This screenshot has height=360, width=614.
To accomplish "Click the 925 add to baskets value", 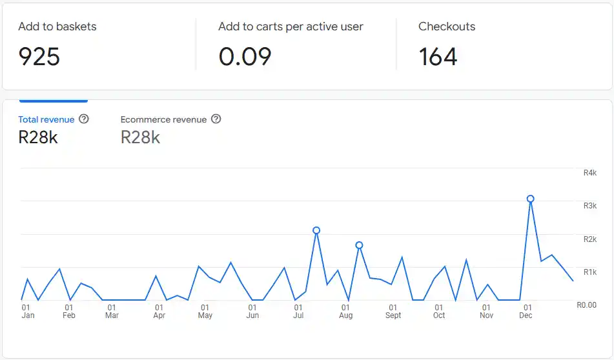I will (39, 57).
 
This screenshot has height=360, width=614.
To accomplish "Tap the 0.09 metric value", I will (245, 57).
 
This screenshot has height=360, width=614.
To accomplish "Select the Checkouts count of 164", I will (438, 57).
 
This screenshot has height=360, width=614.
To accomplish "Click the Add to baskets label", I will (57, 26).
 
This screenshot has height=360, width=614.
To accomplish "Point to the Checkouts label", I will (447, 26).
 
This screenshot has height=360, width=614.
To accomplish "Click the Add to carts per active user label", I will (291, 26).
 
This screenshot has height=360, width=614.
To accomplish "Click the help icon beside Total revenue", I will (84, 119).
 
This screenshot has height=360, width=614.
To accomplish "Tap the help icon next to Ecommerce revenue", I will (216, 119).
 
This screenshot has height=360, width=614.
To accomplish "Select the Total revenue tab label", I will (46, 119).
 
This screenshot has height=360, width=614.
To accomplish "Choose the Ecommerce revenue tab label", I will (163, 119).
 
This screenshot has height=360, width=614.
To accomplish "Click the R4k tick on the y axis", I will (590, 173).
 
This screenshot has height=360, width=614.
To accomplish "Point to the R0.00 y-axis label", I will (586, 305).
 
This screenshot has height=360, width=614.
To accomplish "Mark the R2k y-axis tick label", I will (590, 239).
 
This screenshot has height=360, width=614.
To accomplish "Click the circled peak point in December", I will (531, 199).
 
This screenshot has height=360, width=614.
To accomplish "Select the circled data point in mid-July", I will (316, 230).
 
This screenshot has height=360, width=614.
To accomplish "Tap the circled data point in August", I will (359, 245).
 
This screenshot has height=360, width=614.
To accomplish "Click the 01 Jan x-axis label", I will (28, 312).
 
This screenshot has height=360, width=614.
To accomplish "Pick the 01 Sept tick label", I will (393, 312).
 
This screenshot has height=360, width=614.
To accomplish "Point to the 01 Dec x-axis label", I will (526, 312).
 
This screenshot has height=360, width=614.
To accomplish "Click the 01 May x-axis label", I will (205, 312).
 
